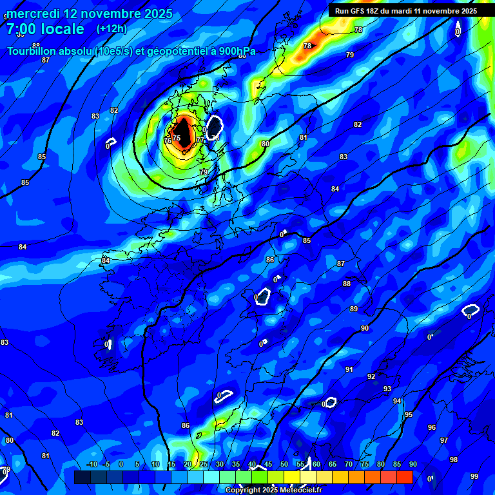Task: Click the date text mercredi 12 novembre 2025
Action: tap(90, 14)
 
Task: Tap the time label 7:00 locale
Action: tap(45, 29)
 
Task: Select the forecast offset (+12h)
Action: tap(112, 29)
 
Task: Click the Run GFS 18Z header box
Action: tap(406, 10)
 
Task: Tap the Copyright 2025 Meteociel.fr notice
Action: tap(273, 490)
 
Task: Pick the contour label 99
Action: tap(474, 476)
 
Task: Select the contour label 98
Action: tap(454, 460)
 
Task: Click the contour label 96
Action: tap(432, 427)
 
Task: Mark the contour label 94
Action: tap(397, 401)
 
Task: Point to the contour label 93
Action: tap(387, 389)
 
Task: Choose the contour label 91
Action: tap(349, 369)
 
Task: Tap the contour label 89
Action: tap(354, 309)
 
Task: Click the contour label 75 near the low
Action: tap(177, 138)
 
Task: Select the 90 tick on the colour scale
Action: tap(412, 464)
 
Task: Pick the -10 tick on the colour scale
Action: tap(92, 464)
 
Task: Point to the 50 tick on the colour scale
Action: tap(284, 464)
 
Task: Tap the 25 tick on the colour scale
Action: tap(204, 464)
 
